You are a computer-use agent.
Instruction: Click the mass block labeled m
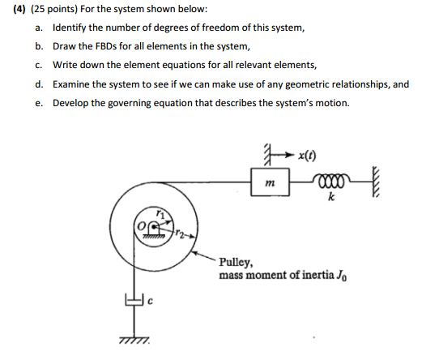(270, 182)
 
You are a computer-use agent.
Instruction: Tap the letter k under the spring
(331, 197)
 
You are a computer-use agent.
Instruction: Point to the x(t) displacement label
(307, 155)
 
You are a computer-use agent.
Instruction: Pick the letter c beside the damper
(150, 301)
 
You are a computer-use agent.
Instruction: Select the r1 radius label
(160, 214)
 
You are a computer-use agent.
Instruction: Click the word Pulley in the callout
(236, 263)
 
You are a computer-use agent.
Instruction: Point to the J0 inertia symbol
(342, 276)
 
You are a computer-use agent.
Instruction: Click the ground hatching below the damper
(134, 340)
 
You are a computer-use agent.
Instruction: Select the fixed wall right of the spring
(376, 182)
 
